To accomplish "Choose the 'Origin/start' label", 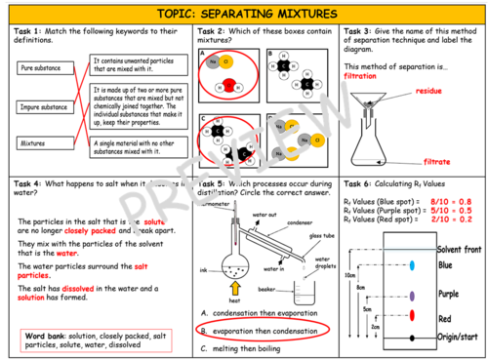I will [x=460, y=337].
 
